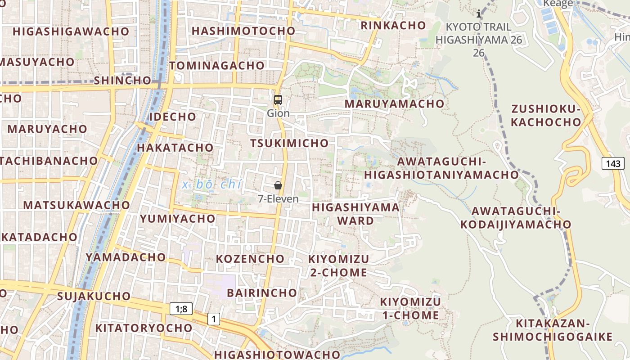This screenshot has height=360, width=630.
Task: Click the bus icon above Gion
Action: (278, 100)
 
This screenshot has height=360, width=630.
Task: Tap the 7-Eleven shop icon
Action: (278, 185)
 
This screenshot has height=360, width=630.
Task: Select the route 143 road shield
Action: (613, 163)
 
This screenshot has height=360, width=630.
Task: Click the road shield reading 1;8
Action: (181, 309)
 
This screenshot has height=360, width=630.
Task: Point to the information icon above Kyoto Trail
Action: (479, 14)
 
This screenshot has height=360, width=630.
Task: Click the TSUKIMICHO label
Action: (289, 143)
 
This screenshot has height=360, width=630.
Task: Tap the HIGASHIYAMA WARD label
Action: (355, 214)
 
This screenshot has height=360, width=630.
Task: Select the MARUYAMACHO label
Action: (394, 103)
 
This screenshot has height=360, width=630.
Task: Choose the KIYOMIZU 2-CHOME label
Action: (338, 265)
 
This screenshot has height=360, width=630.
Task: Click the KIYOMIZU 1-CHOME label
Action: (410, 308)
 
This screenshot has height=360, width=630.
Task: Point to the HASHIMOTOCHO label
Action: (243, 31)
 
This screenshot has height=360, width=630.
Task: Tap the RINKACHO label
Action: (393, 25)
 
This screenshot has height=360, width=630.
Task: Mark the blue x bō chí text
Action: (212, 184)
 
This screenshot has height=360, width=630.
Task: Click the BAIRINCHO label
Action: (262, 292)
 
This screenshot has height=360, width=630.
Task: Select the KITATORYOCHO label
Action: (144, 328)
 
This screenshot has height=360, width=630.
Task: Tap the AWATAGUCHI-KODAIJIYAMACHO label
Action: (515, 217)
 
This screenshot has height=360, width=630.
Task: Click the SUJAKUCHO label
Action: (94, 296)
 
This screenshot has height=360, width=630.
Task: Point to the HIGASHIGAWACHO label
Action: (71, 31)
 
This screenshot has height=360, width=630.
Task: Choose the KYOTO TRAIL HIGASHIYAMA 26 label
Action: (479, 40)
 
